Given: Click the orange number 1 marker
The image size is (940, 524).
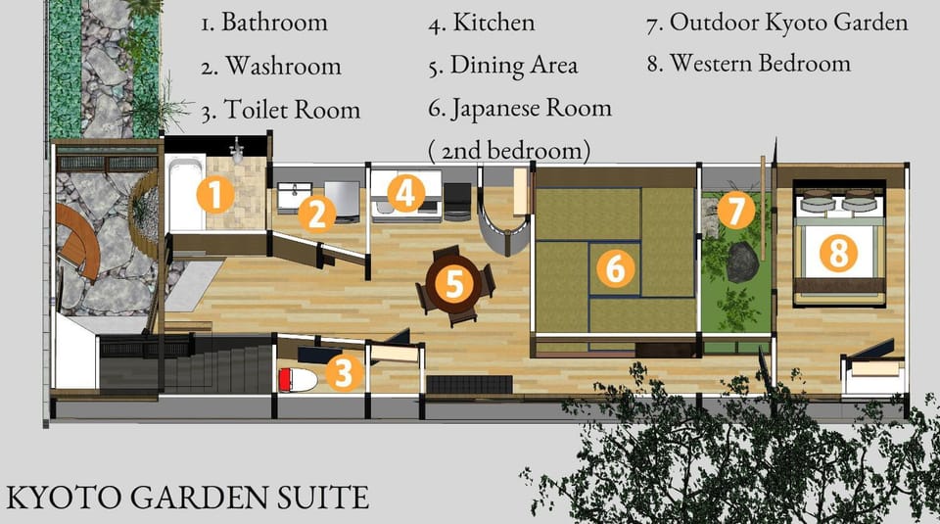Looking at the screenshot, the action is (x=215, y=194).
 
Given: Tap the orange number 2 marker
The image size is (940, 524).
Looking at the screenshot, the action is (x=317, y=214).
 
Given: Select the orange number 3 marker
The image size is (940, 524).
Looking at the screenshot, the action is (x=344, y=372).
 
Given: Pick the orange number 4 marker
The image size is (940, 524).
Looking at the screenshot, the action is (x=405, y=193).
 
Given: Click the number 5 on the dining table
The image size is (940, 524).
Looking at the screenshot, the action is (x=454, y=284).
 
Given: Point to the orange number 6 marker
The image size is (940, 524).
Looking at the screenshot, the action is (x=616, y=267).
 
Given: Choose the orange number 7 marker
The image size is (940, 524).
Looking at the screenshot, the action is (x=735, y=210).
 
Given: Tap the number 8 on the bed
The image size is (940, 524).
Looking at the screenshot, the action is (x=838, y=252).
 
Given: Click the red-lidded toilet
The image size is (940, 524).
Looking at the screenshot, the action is (x=298, y=379).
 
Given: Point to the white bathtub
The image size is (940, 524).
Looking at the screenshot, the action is (x=185, y=193).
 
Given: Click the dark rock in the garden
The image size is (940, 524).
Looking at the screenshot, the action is (x=742, y=262).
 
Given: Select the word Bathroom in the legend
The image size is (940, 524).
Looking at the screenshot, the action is (x=274, y=23).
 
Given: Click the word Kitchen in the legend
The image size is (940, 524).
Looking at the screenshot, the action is (x=493, y=23).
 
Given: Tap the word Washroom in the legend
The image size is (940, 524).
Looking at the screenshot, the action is (x=283, y=66).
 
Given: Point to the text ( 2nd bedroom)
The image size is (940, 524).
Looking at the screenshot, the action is (x=509, y=151).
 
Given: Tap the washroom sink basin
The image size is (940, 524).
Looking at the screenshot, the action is (x=294, y=193).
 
